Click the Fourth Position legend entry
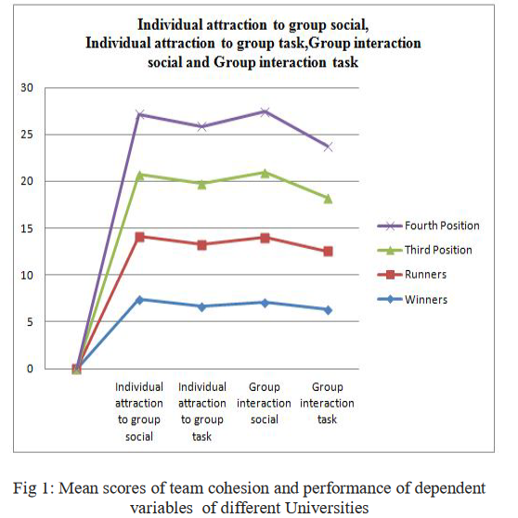428,226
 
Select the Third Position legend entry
424,250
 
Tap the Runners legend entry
411,274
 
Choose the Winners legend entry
412,299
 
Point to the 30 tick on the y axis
27,88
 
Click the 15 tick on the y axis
27,228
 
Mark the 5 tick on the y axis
30,322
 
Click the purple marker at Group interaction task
328,147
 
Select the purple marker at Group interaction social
265,111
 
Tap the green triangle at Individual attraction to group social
140,175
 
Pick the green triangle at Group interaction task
328,199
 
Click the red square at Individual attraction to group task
202,245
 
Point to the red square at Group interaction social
265,238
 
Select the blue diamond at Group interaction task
328,310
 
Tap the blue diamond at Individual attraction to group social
140,300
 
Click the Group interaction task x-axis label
327,403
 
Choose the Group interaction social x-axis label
264,403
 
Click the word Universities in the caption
327,508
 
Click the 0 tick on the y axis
30,369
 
